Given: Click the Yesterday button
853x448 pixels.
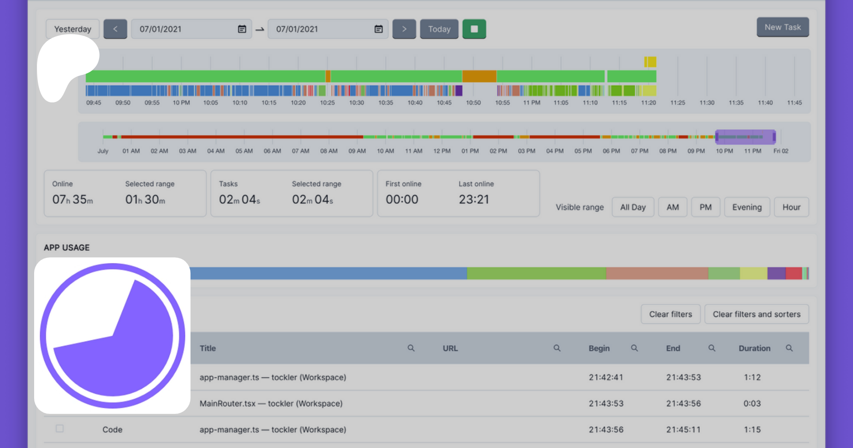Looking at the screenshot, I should [73, 29].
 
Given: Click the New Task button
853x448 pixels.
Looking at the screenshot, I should [782, 27].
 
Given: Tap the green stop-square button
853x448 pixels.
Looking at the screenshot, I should [474, 29].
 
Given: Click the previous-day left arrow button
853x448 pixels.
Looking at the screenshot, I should [115, 29].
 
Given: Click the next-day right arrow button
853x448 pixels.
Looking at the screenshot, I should [404, 29].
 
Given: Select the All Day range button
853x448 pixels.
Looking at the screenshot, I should [633, 207].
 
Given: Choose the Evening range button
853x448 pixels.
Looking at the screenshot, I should [746, 207].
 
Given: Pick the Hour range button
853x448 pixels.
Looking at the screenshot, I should [791, 207].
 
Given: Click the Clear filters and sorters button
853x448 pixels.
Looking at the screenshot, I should [756, 314].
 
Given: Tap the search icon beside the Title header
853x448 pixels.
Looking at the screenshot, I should [411, 348].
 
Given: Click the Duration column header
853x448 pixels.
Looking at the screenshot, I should [754, 348].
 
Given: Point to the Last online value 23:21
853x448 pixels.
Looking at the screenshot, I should [473, 200].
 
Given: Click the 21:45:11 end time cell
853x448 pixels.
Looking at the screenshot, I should [683, 430].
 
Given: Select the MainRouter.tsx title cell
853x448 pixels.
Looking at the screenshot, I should [271, 403].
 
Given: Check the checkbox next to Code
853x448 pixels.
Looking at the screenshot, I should [60, 429].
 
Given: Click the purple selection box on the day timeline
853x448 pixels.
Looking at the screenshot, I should [745, 137].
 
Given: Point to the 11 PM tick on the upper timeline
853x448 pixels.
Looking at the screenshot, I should [531, 102].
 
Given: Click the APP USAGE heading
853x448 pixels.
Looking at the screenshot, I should [67, 247].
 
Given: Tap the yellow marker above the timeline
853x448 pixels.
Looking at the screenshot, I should [650, 62].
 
